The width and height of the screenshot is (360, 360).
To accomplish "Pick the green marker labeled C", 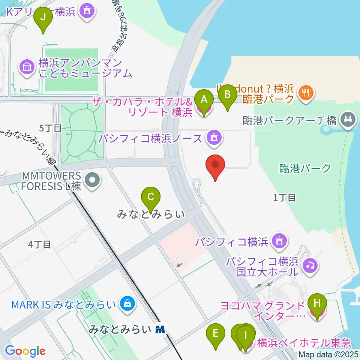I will coord(151,198).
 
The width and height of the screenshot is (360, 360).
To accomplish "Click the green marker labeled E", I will coord(216,335).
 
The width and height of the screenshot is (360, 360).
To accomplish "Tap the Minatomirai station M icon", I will coord(160,330).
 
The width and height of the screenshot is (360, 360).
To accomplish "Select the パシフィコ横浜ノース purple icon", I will coord(214,138).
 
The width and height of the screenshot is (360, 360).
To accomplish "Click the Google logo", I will coord(25,351).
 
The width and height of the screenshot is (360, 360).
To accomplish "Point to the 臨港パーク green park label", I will coord(305,168).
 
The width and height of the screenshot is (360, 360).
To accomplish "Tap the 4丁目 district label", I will coord(39,244).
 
